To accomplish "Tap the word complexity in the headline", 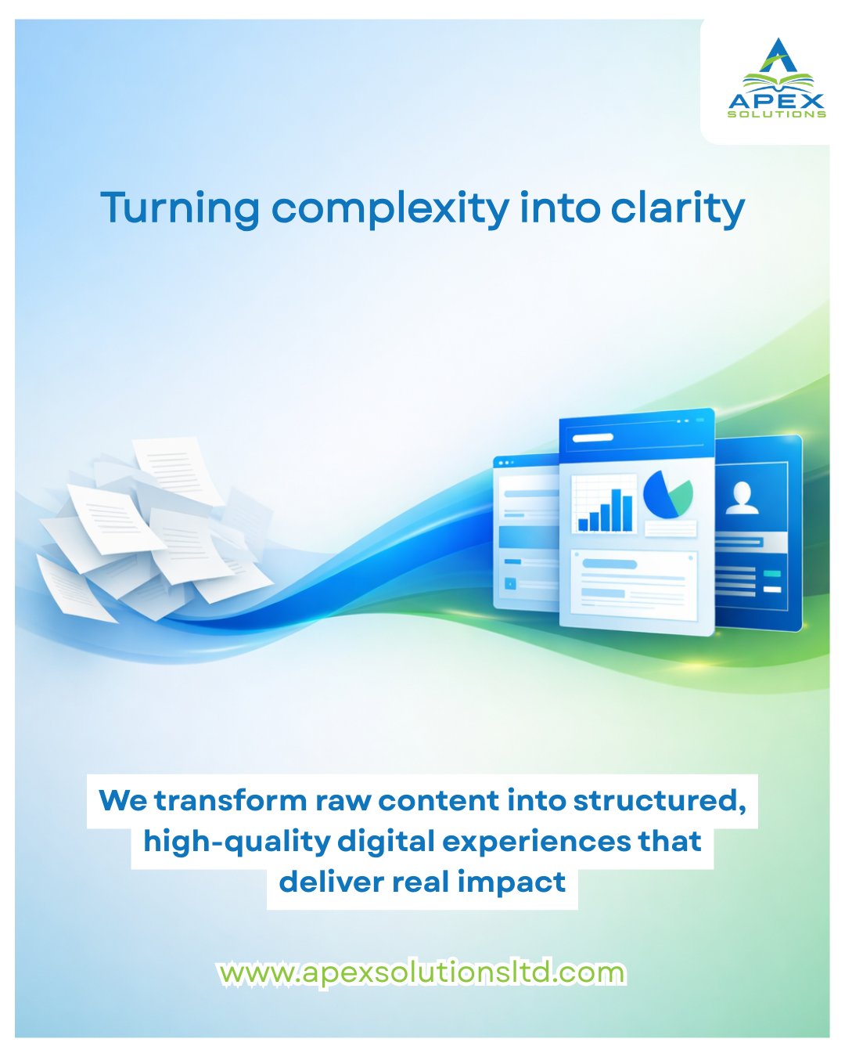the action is click(390, 209).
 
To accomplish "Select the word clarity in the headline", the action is click(678, 209).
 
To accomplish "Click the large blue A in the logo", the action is click(778, 55).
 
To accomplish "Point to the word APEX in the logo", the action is click(776, 102).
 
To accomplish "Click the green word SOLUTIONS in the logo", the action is click(776, 115).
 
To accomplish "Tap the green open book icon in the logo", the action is click(778, 81).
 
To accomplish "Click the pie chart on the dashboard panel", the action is click(667, 493).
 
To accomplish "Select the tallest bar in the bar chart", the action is click(617, 510).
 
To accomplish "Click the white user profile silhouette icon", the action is click(742, 497).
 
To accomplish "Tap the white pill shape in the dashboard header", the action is click(593, 438).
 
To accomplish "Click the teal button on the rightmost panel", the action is click(772, 574).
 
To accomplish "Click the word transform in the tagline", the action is click(231, 801).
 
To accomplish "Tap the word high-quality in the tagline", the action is click(237, 842).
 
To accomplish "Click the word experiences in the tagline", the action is click(537, 842).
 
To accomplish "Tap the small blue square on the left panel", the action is click(510, 583).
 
